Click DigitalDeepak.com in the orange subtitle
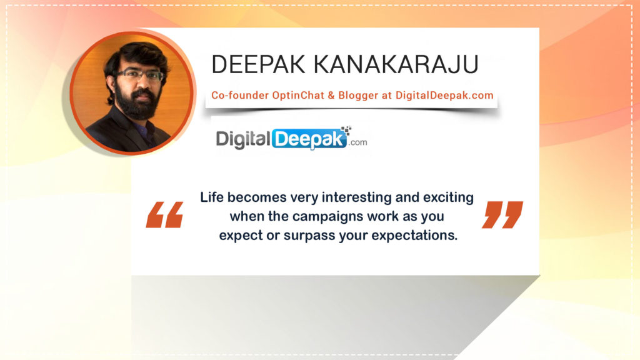(444, 96)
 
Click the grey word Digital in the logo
(244, 139)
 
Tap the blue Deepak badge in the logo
(310, 139)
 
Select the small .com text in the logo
(359, 142)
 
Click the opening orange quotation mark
(164, 214)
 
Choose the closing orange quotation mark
(502, 214)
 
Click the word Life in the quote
(212, 197)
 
